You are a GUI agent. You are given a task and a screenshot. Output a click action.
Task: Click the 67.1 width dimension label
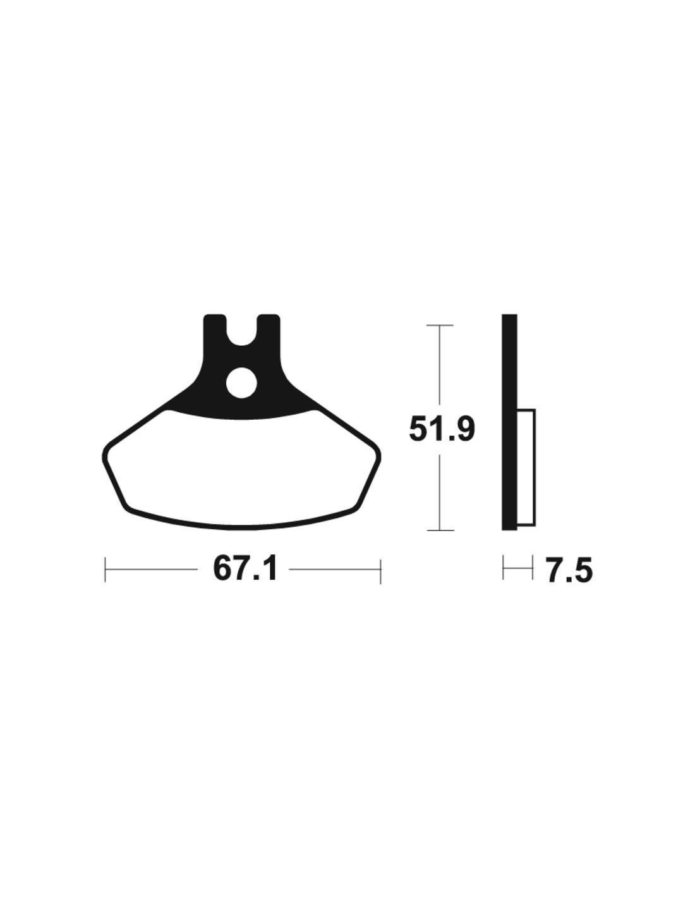click(x=244, y=570)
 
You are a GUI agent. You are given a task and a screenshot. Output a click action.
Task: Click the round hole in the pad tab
click(x=241, y=382)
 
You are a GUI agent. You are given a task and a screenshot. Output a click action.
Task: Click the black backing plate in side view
click(x=509, y=422)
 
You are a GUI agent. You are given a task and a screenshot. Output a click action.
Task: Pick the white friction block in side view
click(x=526, y=467)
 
